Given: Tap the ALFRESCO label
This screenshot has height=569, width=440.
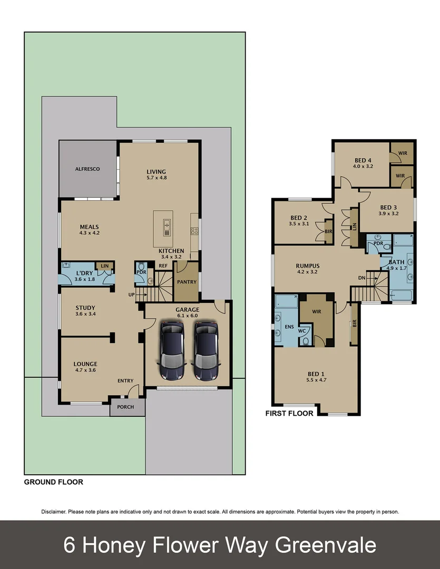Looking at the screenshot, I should (x=87, y=169).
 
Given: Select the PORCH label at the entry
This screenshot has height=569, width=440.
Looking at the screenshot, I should (x=125, y=407).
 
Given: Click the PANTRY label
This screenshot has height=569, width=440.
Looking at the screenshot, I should (x=187, y=282).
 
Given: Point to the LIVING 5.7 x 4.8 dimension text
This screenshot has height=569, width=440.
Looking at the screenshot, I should (x=156, y=178).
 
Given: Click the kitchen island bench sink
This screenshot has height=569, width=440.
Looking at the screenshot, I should (x=167, y=225).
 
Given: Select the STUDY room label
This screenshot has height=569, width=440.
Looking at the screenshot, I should (x=85, y=308).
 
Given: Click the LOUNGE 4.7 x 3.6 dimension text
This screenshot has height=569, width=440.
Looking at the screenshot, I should (x=85, y=370).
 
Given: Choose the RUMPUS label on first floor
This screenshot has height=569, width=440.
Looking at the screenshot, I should (x=308, y=266).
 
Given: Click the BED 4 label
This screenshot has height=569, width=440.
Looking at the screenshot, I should (x=363, y=161).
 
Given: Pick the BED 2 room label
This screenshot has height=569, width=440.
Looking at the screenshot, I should (x=299, y=218).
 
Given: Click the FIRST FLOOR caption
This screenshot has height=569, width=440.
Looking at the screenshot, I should (x=289, y=414).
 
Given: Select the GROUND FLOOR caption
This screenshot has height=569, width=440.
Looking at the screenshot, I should (x=54, y=482).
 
